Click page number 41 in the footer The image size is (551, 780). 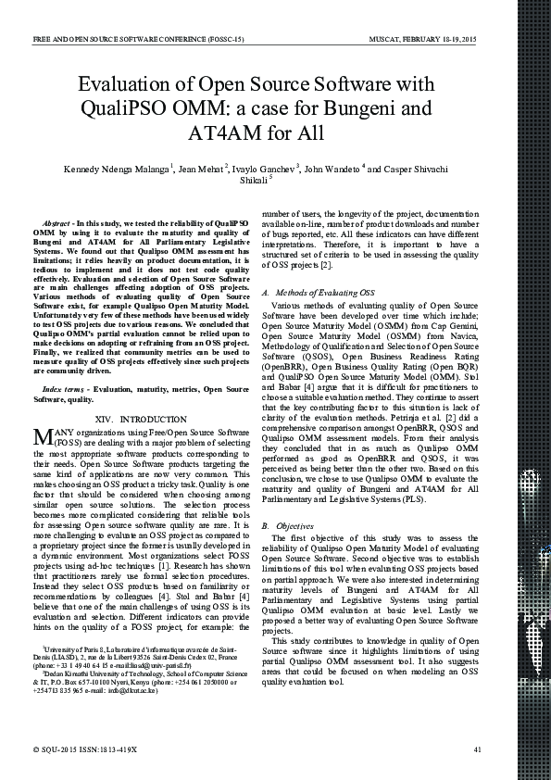(477, 749)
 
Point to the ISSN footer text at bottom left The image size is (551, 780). (84, 749)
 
